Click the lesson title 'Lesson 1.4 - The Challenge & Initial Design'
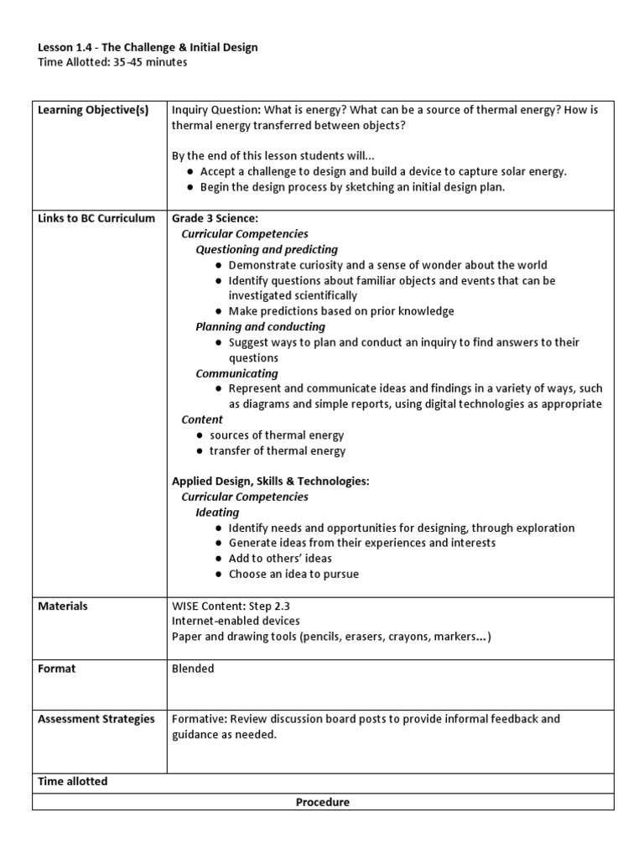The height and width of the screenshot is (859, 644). pos(148,48)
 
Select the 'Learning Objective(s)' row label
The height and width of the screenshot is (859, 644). pos(93,111)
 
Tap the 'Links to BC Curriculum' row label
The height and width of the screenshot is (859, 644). pos(96,218)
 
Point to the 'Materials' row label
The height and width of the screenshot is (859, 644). pos(63,607)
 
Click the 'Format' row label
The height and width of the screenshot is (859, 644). pos(57,669)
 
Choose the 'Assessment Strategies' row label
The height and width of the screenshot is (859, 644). pos(96,719)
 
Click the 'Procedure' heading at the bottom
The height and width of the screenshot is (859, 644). pos(323,802)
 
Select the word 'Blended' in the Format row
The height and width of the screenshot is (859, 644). pos(193,669)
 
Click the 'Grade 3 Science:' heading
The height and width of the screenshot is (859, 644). pos(215,218)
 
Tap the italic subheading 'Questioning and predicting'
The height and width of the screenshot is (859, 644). pos(267,249)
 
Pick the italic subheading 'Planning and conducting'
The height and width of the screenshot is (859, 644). pos(260,326)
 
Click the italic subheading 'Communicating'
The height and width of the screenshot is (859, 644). pos(236,373)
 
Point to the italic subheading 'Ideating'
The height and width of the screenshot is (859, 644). pos(217,512)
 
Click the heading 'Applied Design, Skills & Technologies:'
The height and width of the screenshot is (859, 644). pos(270,482)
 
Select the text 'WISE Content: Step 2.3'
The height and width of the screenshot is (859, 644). pos(231,607)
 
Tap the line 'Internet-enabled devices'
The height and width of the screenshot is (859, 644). pos(236,622)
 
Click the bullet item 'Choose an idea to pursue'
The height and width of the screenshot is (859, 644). pos(293,575)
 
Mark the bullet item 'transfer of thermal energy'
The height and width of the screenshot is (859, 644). pos(277,450)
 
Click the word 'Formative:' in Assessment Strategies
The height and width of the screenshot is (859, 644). pos(199,719)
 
